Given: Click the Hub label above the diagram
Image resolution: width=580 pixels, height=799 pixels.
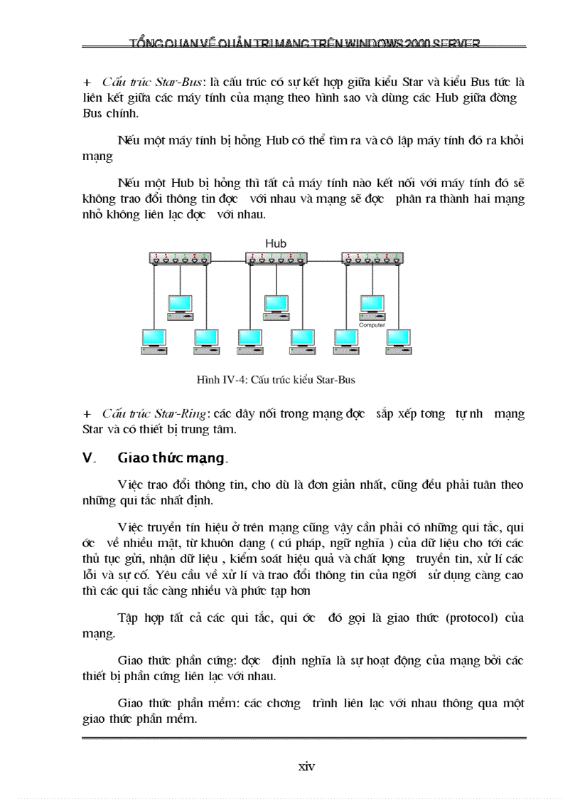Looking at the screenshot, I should click(276, 243).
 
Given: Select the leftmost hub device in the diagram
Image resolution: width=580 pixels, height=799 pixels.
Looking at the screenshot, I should click(180, 258).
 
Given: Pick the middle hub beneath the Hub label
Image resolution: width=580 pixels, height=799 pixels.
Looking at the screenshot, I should click(276, 258).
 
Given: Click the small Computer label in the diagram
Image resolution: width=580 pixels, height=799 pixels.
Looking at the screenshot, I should click(372, 325).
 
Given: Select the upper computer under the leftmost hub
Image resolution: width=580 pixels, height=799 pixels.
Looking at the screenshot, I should click(180, 307).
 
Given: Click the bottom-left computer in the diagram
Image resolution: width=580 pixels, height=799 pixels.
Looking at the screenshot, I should click(154, 342).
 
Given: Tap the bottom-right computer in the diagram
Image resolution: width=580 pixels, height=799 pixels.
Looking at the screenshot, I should click(398, 342).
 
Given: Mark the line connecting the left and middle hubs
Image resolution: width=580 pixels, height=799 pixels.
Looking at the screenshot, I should click(227, 259).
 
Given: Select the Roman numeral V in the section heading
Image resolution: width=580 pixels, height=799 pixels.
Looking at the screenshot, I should click(88, 458).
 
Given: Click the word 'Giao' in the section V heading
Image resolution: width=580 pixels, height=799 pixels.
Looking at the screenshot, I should click(133, 458).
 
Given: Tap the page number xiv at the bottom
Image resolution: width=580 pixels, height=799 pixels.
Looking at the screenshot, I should click(306, 766).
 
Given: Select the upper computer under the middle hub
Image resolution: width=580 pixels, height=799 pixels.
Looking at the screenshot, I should click(276, 307).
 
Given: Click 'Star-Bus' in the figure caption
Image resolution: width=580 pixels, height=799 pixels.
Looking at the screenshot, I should click(334, 380).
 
